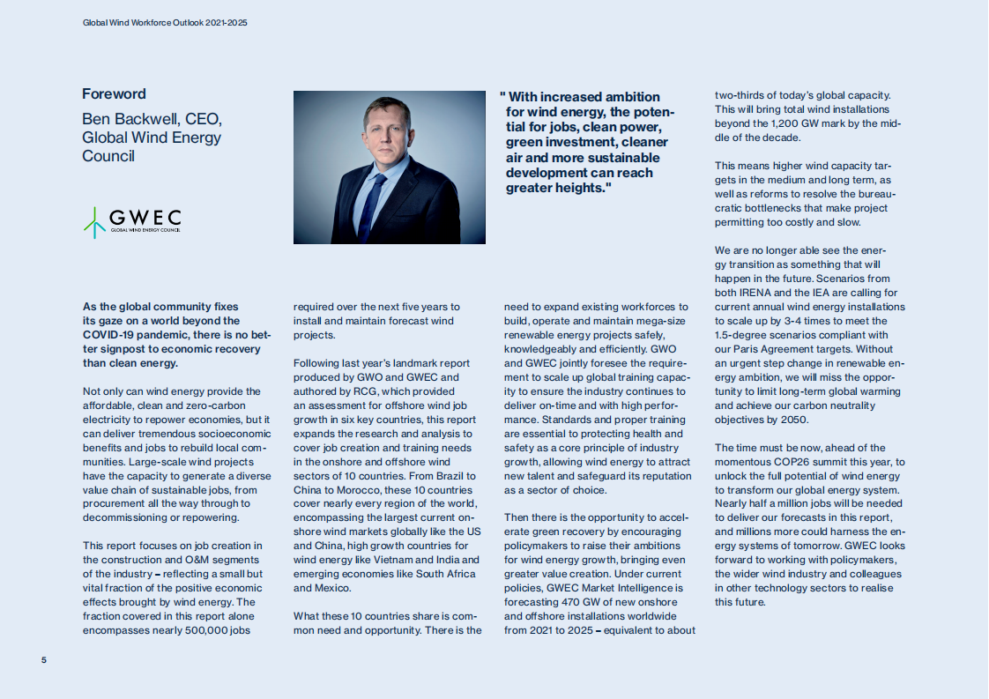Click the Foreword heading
coord(114,94)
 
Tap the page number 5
coord(44,660)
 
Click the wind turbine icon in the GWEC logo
coord(94,222)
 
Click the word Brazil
coord(457,476)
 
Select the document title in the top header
coord(165,22)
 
